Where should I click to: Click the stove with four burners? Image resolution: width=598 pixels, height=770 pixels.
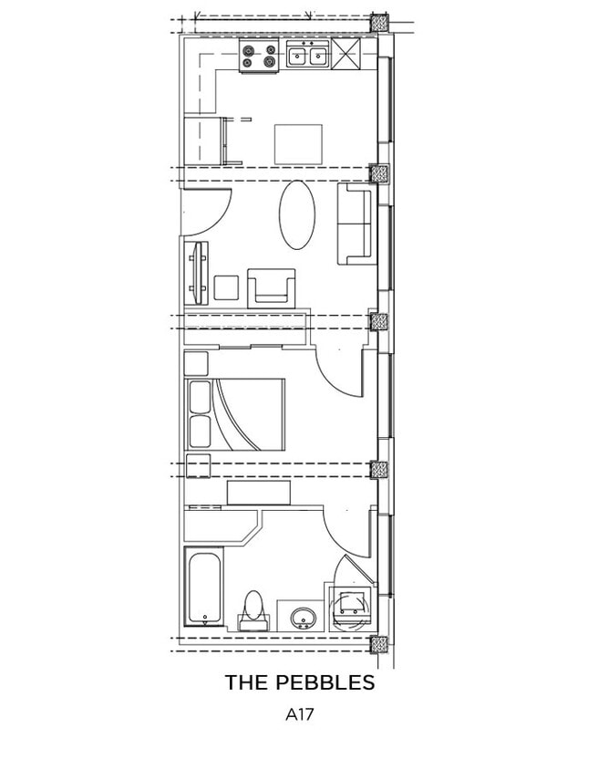258,57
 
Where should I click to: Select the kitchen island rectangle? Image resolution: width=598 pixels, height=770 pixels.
299,143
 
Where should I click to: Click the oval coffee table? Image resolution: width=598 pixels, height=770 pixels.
296,214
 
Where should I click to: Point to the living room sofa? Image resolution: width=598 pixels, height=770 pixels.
356,224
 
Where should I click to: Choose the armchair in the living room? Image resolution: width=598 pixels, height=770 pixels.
271,286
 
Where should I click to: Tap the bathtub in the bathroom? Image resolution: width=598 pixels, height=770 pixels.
202,587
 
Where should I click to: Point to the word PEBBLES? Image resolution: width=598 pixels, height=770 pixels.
323,682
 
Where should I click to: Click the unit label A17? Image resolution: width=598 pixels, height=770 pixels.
299,715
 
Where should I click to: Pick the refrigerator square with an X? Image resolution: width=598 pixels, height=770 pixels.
346,54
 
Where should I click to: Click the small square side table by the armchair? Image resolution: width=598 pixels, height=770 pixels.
225,288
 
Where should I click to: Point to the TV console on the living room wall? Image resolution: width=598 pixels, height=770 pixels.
196,273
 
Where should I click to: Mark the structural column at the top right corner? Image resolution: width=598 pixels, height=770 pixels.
379,24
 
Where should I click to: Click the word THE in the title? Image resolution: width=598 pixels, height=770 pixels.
244,682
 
